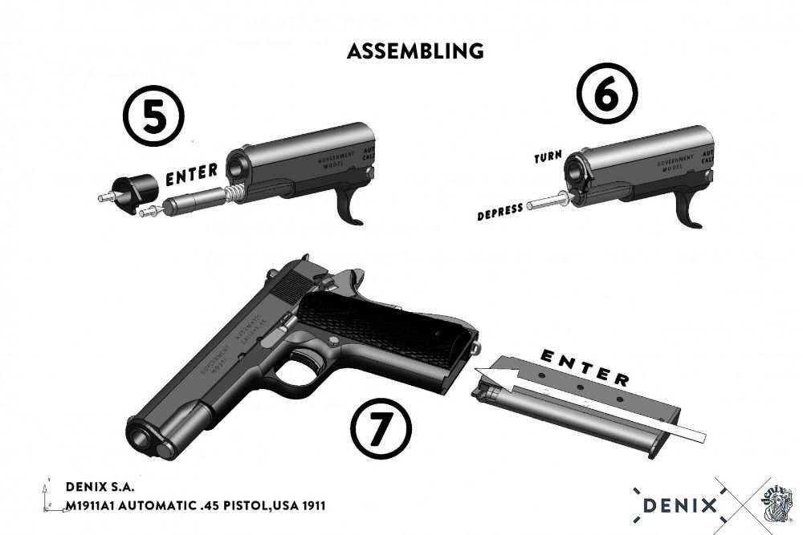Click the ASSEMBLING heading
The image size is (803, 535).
tap(415, 51)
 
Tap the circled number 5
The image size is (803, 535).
tap(154, 119)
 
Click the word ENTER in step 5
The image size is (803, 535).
tap(191, 171)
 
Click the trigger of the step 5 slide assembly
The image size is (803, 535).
tap(350, 206)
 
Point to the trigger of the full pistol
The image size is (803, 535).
tap(306, 358)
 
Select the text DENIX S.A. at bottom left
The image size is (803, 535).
tap(100, 487)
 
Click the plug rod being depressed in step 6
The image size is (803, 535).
tap(547, 205)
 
